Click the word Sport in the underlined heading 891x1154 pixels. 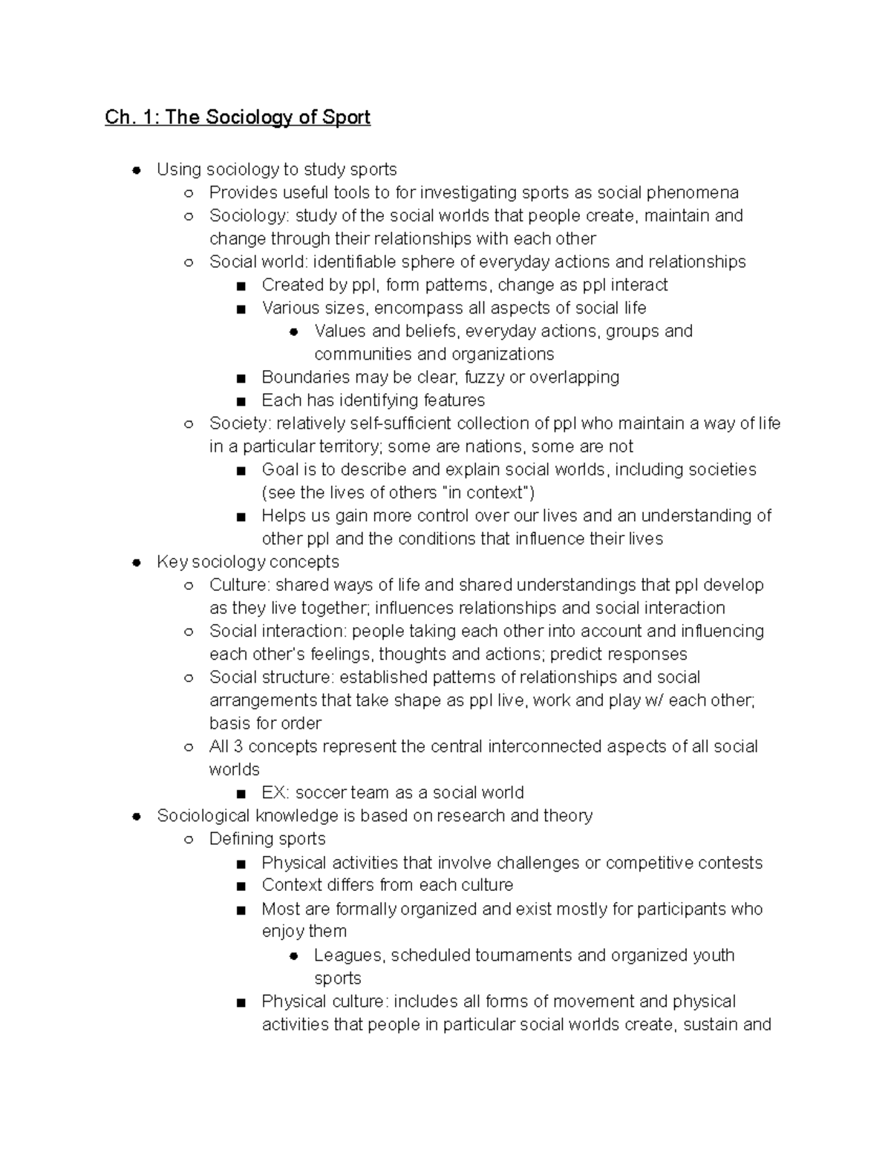click(346, 117)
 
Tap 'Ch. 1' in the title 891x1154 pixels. click(131, 117)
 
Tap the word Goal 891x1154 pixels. click(278, 470)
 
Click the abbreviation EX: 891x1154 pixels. click(275, 792)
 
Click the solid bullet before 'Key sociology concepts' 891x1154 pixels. click(137, 563)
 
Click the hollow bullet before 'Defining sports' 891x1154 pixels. click(189, 840)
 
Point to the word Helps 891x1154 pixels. click(282, 516)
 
